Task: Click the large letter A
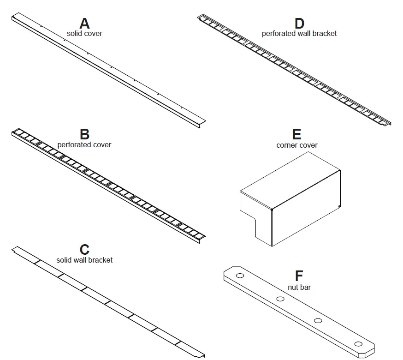(84, 24)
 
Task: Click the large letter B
(84, 134)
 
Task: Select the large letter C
(84, 250)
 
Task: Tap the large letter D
(299, 24)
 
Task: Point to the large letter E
(297, 134)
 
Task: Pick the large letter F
(299, 276)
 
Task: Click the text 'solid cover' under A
(84, 34)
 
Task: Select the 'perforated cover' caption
(84, 144)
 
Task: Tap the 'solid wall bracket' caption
(84, 260)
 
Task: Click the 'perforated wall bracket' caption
(299, 33)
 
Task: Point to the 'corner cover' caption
(297, 145)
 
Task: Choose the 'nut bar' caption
(299, 287)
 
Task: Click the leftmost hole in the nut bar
(240, 276)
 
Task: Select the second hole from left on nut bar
(280, 299)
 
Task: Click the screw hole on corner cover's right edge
(339, 206)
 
